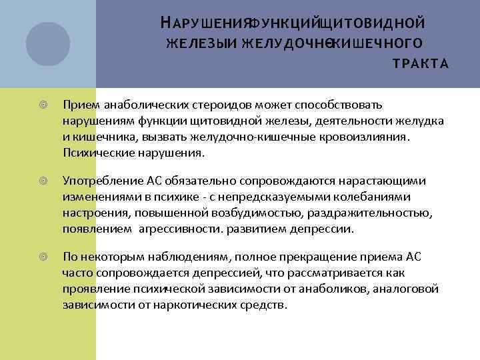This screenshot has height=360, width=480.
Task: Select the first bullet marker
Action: [x=43, y=105]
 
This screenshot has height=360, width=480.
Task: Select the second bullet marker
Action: [x=43, y=181]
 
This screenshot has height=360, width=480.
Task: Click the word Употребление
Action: [x=97, y=181]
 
